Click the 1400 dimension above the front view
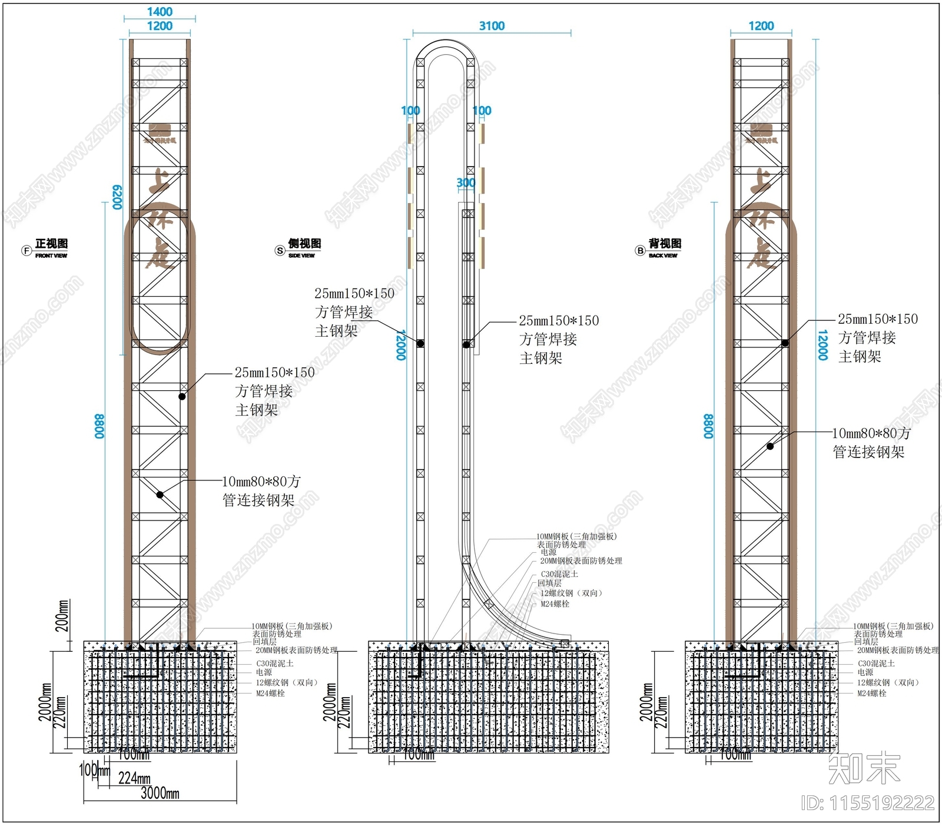click(160, 12)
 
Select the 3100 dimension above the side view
click(492, 26)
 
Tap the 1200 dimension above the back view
click(761, 26)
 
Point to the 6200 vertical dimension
click(117, 197)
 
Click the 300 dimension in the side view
click(466, 183)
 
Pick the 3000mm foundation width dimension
click(160, 793)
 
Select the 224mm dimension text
click(134, 778)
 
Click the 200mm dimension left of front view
click(62, 616)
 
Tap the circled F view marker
click(26, 251)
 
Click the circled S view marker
click(280, 251)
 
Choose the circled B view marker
click(640, 251)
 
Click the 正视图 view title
click(52, 244)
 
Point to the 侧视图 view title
click(304, 244)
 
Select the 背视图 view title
click(665, 244)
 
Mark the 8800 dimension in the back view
click(708, 426)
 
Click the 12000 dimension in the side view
click(401, 344)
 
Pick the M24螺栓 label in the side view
click(555, 604)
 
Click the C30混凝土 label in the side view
click(559, 574)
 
